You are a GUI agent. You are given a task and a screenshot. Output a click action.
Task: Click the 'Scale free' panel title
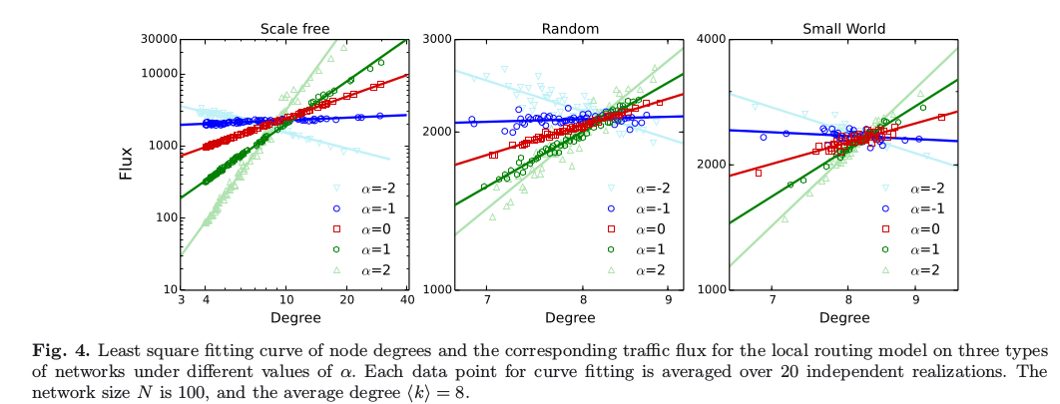pyautogui.click(x=294, y=29)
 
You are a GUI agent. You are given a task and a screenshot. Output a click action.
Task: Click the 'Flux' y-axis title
pyautogui.click(x=127, y=165)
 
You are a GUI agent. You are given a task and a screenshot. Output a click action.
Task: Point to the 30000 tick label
pyautogui.click(x=157, y=39)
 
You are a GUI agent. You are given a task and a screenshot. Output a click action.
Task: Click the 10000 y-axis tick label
pyautogui.click(x=157, y=74)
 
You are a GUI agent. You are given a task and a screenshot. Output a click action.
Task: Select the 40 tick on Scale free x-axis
pyautogui.click(x=406, y=301)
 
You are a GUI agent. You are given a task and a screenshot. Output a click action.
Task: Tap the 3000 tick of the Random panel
pyautogui.click(x=438, y=39)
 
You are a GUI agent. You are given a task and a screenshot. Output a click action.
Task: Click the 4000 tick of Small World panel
pyautogui.click(x=713, y=39)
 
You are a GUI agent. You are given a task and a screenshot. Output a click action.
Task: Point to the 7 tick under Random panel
pyautogui.click(x=487, y=301)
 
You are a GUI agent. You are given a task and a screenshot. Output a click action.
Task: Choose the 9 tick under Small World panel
pyautogui.click(x=915, y=301)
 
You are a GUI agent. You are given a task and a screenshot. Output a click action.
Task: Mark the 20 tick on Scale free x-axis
pyautogui.click(x=345, y=301)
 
